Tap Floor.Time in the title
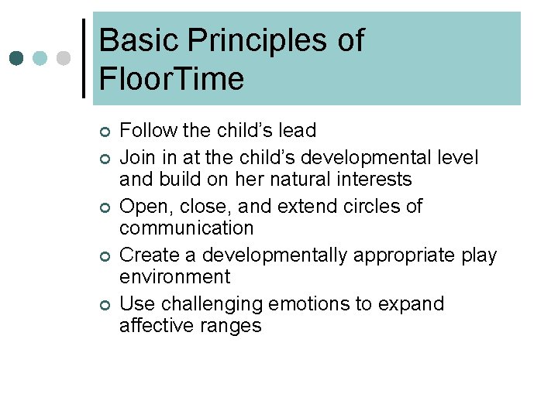[171, 78]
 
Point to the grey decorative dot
[64, 58]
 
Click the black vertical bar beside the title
[84, 58]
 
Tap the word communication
[186, 228]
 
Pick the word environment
[174, 277]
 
